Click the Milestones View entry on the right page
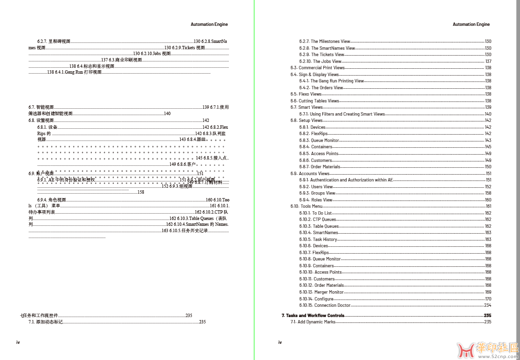click(x=325, y=41)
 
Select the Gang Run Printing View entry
click(x=332, y=81)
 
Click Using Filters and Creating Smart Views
click(x=342, y=114)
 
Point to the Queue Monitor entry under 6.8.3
click(x=319, y=140)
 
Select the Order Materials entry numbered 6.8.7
click(x=320, y=167)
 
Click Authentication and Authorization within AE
click(x=346, y=180)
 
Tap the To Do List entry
click(x=316, y=213)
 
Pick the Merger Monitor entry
click(x=322, y=292)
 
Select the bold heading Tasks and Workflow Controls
click(x=313, y=316)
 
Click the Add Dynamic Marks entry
click(x=313, y=322)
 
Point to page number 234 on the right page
click(x=488, y=305)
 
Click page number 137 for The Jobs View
click(x=488, y=61)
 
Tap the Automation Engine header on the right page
click(x=471, y=24)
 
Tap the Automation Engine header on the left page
click(x=209, y=24)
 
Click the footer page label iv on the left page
click(x=18, y=342)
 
